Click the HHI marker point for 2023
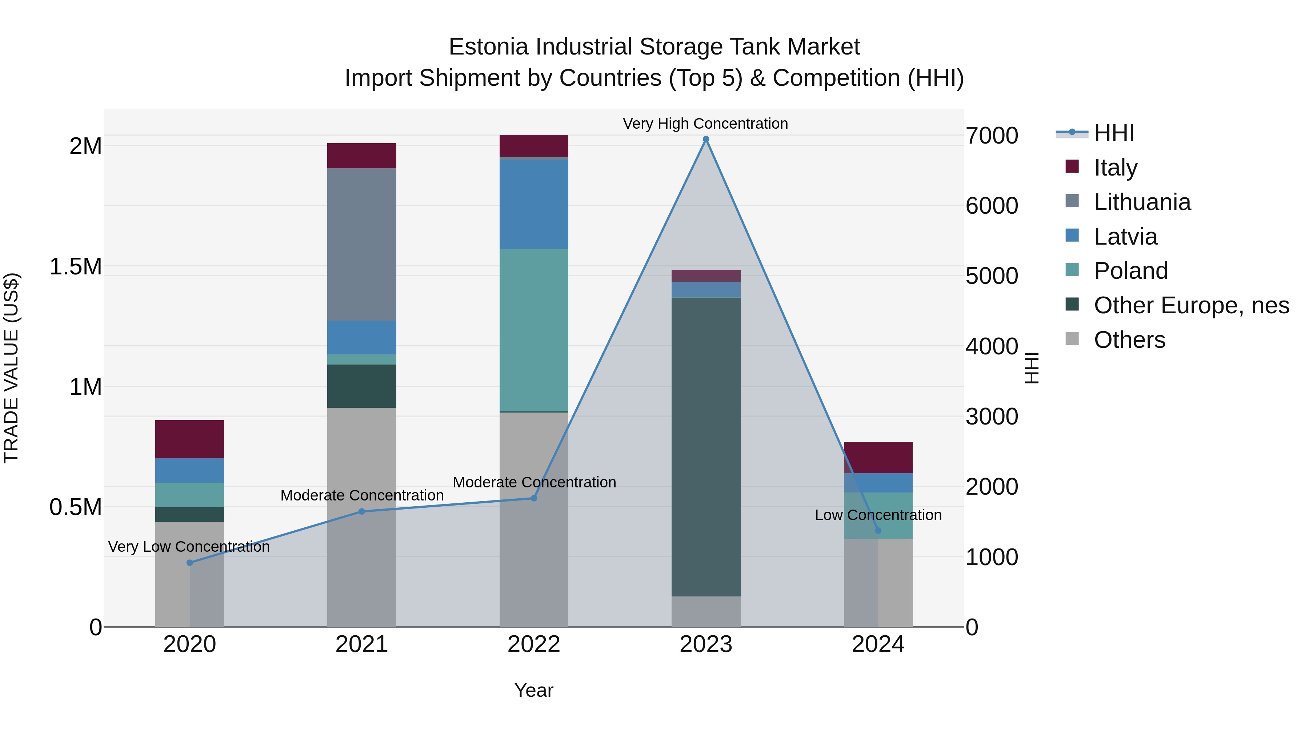706,139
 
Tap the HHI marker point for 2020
189,563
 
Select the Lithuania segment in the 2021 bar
361,244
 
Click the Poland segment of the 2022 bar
533,330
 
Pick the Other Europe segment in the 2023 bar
706,447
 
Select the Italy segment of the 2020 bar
189,439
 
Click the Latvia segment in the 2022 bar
533,204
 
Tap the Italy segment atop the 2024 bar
878,457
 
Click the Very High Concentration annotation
705,124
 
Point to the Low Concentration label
878,515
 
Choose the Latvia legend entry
1125,237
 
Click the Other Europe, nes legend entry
1191,305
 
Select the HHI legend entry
1113,133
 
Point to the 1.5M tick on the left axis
75,267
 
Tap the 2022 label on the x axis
533,644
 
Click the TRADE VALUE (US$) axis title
11,368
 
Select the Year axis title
533,690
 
